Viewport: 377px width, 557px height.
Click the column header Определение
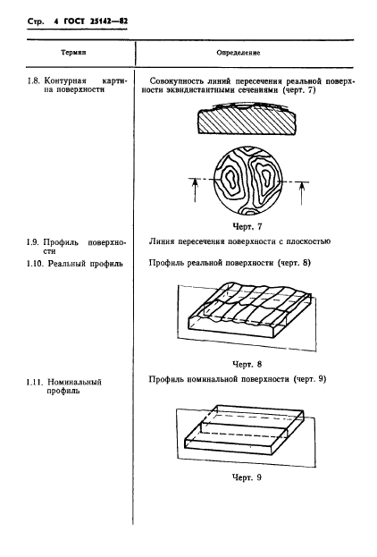pyautogui.click(x=239, y=53)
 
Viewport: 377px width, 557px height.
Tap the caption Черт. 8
pyautogui.click(x=245, y=365)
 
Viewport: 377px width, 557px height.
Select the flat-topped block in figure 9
pyautogui.click(x=234, y=436)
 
